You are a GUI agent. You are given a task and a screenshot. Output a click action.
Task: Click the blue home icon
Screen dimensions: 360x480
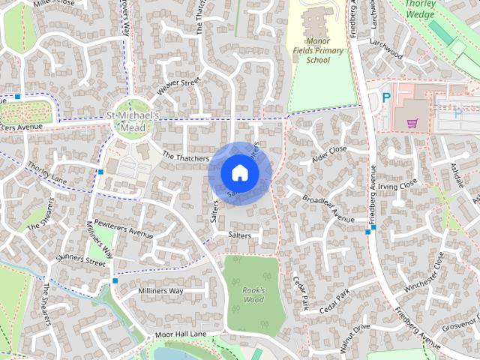239,172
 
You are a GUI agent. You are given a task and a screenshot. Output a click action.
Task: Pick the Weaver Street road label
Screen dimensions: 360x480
178,87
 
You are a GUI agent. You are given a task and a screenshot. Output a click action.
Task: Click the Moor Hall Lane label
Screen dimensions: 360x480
180,334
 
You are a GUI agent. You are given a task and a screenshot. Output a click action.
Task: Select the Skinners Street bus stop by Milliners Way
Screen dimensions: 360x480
115,280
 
